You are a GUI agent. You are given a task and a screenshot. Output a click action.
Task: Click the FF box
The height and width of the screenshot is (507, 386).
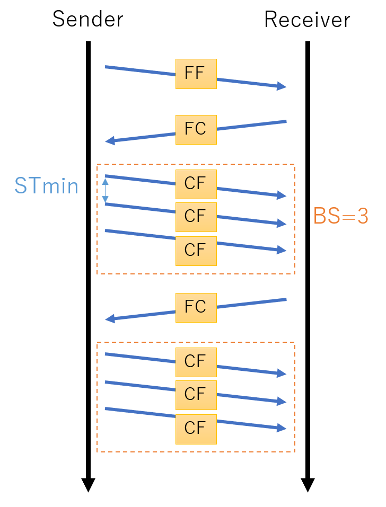coord(196,74)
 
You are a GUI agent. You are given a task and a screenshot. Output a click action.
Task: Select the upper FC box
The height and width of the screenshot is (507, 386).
coord(196,129)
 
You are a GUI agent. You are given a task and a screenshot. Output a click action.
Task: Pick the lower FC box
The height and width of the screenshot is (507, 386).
coord(196,307)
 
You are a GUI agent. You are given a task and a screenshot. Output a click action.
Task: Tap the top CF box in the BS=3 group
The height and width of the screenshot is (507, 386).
coord(196,184)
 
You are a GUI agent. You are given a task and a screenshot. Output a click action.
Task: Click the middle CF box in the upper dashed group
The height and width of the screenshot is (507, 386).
coord(196,217)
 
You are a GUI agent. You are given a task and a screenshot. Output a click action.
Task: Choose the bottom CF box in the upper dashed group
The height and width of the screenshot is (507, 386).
coord(196,250)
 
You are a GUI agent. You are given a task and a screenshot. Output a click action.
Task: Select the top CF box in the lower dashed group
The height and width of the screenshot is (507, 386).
coord(196,362)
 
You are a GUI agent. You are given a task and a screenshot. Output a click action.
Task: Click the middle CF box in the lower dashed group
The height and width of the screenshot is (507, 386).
coord(196,395)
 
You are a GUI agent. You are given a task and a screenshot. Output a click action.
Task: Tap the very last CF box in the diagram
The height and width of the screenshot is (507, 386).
coord(196,429)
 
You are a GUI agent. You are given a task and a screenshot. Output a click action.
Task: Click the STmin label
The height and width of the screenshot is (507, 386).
coord(47,186)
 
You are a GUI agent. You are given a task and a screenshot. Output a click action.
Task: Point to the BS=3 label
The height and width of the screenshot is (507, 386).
coord(340,216)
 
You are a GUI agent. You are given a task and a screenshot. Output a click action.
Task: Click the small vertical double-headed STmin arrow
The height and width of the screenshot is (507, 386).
coord(105,190)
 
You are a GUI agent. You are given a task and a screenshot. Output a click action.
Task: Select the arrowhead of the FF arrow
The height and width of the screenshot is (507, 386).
coord(282,86)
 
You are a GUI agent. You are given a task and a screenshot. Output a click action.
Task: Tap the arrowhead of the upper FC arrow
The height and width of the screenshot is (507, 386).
coord(110,141)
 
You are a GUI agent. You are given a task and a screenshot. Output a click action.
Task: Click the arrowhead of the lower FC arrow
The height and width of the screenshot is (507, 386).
coord(110,319)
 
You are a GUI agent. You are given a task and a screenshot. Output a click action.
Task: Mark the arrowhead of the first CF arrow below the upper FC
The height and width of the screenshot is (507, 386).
coord(282,195)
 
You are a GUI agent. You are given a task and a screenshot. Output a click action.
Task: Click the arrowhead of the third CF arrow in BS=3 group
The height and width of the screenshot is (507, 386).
coord(282,250)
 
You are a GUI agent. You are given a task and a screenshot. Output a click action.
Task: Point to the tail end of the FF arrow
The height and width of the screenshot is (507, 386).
coord(106,67)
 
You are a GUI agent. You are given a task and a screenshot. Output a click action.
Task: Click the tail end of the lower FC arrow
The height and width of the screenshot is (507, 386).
coord(286,300)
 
